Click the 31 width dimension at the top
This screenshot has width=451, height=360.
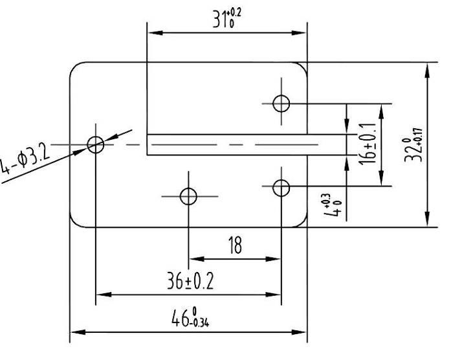click(220, 21)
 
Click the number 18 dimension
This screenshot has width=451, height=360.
click(234, 246)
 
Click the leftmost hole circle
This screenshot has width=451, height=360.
click(96, 144)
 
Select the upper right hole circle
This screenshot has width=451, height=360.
click(281, 103)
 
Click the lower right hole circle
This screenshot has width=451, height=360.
click(281, 188)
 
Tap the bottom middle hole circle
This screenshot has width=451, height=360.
click(188, 196)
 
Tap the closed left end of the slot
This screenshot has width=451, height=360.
click(148, 144)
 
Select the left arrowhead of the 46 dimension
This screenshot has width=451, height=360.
click(75, 332)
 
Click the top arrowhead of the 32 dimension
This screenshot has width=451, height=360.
click(427, 67)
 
